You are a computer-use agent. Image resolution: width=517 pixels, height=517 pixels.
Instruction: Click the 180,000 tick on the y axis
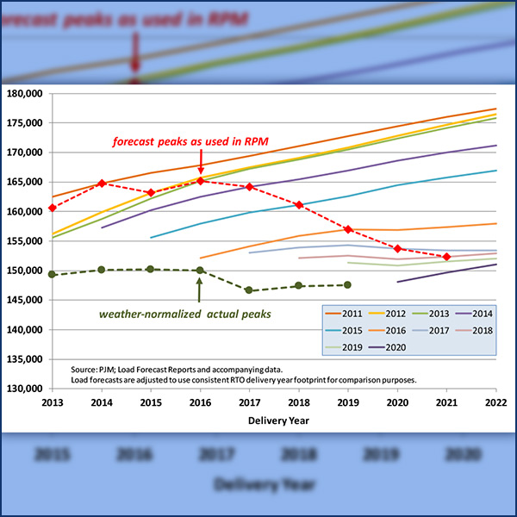(26, 94)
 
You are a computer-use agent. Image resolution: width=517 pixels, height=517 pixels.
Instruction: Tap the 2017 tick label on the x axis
(249, 402)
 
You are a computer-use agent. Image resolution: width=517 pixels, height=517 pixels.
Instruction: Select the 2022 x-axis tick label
(495, 402)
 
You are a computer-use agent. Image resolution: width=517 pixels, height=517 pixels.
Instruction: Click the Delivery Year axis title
(273, 420)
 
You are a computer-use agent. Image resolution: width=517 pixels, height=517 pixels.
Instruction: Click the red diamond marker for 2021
(446, 257)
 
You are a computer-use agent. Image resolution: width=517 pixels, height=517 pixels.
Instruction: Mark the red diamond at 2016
(201, 181)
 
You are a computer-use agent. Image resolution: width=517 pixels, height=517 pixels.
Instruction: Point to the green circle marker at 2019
(348, 284)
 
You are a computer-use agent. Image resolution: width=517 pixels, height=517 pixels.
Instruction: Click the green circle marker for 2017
(250, 290)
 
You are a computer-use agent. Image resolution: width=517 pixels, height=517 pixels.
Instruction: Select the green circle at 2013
(53, 274)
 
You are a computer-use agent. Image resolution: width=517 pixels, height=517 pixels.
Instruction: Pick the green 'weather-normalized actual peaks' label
(197, 315)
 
